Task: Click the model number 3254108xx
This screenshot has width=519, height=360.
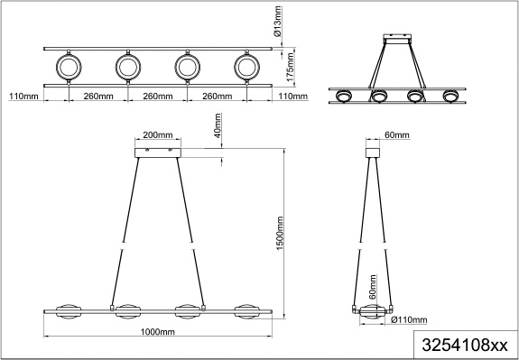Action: pyautogui.click(x=464, y=346)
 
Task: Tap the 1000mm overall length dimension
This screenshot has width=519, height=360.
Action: pyautogui.click(x=158, y=332)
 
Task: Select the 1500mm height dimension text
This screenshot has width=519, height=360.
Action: pyautogui.click(x=280, y=234)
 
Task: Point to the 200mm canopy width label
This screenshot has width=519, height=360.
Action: pyautogui.click(x=158, y=135)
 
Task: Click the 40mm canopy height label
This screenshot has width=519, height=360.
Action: pyautogui.click(x=218, y=125)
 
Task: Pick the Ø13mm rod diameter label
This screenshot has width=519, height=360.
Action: pyautogui.click(x=278, y=21)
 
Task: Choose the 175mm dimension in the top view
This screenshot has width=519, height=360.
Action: pyautogui.click(x=290, y=67)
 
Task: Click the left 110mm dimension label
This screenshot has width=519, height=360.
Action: pyautogui.click(x=23, y=97)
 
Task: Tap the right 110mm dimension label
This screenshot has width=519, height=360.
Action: pyautogui.click(x=292, y=97)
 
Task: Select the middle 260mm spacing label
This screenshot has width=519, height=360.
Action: pyautogui.click(x=158, y=97)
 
